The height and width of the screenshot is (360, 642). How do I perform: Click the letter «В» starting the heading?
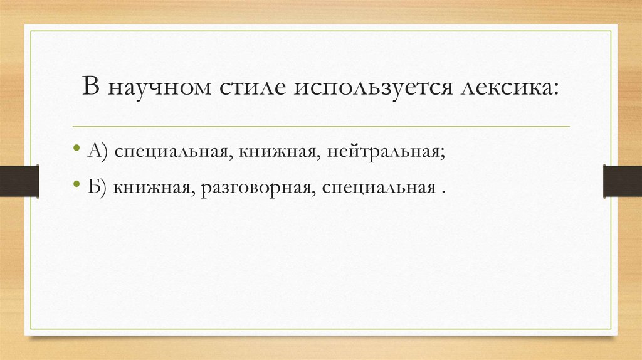click(92, 87)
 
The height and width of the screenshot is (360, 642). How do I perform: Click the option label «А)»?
click(98, 153)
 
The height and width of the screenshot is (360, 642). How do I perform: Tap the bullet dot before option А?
click(76, 151)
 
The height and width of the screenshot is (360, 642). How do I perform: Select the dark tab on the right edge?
click(622, 181)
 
